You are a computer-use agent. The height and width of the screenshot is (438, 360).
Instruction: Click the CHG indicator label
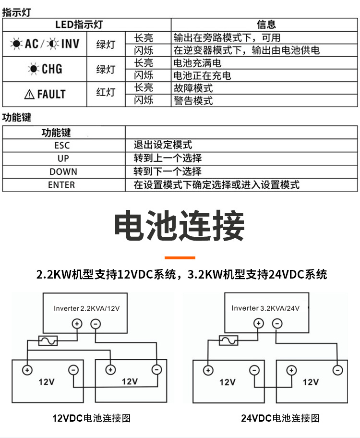[52, 69]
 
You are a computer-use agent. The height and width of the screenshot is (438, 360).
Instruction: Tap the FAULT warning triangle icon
[29, 95]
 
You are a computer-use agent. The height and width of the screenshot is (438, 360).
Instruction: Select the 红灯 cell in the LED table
[106, 92]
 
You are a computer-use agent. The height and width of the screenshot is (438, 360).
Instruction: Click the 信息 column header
[266, 24]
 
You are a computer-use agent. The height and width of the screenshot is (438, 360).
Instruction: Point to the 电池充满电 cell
[197, 63]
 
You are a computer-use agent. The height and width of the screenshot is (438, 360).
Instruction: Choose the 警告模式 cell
[193, 100]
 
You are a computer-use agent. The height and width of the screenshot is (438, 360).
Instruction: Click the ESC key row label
[62, 145]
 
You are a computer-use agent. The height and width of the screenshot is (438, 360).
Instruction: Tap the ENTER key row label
[61, 185]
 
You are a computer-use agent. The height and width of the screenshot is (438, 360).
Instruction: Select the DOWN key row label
[63, 171]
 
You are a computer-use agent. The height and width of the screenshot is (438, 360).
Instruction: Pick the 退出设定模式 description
[163, 145]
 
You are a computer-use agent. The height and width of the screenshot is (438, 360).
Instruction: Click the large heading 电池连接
[180, 226]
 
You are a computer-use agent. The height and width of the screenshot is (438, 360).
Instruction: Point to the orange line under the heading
[180, 257]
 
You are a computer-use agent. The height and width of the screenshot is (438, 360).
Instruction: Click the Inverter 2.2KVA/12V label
[86, 308]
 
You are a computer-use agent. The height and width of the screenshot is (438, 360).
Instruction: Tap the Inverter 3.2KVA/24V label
[265, 308]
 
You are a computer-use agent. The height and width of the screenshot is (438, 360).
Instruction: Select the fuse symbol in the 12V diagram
[48, 341]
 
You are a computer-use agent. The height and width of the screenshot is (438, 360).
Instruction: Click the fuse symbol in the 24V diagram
[228, 340]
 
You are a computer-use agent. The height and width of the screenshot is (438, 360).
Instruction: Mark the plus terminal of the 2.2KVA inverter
[77, 324]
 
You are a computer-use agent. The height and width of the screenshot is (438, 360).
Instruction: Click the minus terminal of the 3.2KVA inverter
[277, 324]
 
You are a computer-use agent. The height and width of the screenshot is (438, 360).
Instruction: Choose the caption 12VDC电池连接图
[91, 418]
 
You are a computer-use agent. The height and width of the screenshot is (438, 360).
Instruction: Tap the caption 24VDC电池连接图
[280, 418]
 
